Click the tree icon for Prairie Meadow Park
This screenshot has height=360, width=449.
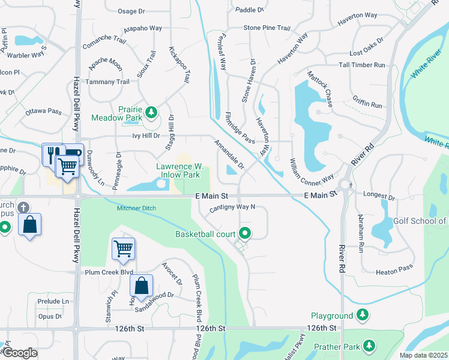(x=152, y=112)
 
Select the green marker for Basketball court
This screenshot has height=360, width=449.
(x=244, y=233)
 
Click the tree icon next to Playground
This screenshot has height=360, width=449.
(x=363, y=315)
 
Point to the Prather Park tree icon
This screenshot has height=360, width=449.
(x=369, y=346)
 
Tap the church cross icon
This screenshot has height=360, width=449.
(x=23, y=208)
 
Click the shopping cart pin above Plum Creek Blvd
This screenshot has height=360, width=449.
(x=123, y=248)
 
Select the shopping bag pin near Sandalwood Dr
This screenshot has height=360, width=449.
(x=141, y=286)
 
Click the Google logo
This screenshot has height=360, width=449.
(x=20, y=352)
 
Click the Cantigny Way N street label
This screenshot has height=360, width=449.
(x=232, y=208)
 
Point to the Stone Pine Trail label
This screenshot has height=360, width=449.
(x=267, y=28)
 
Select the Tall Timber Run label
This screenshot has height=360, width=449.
(x=360, y=65)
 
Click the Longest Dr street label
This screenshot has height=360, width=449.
(x=379, y=196)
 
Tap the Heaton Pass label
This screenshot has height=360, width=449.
(x=394, y=272)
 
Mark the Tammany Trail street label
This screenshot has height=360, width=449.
(x=107, y=82)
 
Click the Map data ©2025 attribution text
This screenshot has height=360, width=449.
(x=423, y=355)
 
